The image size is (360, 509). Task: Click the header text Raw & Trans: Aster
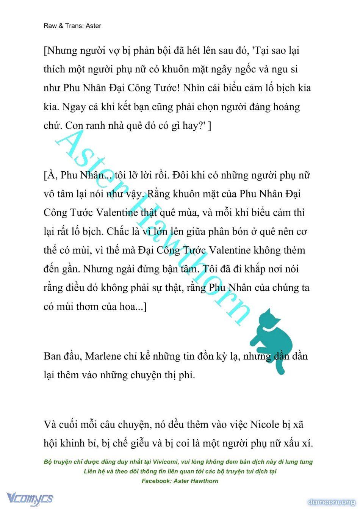coord(72,26)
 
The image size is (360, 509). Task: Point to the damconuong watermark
coord(332,502)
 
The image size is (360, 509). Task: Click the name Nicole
coord(265,424)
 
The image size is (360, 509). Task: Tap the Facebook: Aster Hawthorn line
coord(180,481)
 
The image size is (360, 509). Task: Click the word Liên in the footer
coord(91,471)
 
